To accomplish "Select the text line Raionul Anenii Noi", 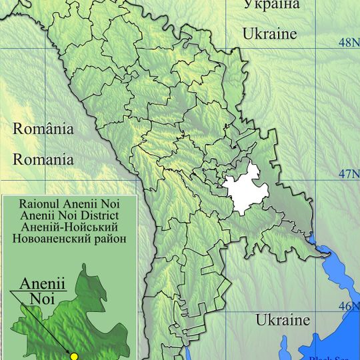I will click(x=70, y=205).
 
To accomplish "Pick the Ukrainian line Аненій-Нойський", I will click(x=70, y=227).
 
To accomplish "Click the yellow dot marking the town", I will click(x=75, y=356).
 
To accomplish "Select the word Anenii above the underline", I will click(x=42, y=283).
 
